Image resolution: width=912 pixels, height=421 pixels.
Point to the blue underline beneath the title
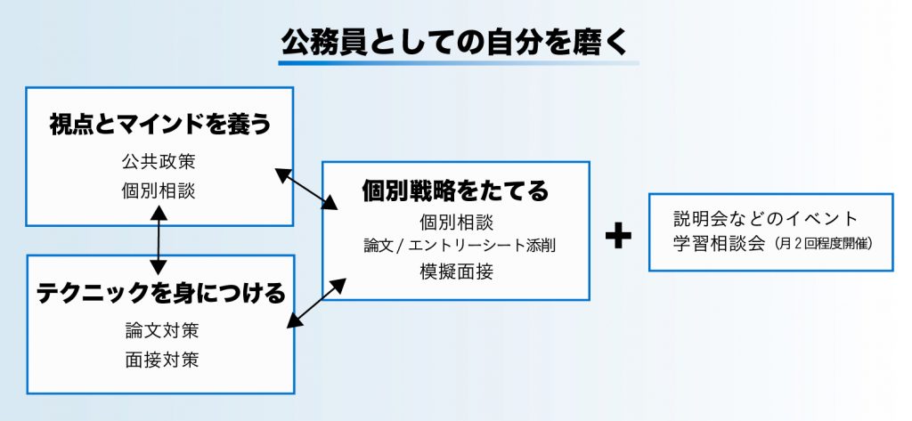click(459, 63)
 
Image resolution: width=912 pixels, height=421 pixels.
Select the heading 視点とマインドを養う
click(160, 125)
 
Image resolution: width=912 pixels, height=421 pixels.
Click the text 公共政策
click(159, 162)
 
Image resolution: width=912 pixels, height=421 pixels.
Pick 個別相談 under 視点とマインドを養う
click(159, 190)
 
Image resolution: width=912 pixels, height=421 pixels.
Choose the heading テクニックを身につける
click(161, 293)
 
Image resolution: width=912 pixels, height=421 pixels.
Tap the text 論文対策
click(162, 330)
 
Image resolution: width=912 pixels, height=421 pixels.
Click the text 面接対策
click(162, 360)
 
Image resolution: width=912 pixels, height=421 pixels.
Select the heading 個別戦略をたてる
click(455, 190)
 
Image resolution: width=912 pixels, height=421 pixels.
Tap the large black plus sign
click(618, 236)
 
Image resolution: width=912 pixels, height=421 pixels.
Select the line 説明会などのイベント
click(766, 219)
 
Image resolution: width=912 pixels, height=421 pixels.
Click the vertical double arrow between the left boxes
click(159, 240)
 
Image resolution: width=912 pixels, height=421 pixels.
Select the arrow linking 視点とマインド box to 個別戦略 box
click(306, 189)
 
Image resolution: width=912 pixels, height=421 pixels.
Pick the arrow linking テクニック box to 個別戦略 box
click(317, 304)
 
